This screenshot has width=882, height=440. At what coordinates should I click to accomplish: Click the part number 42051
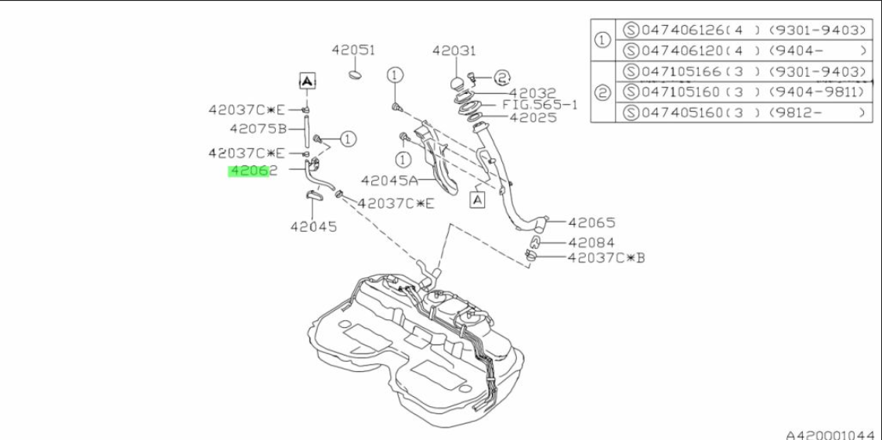[x=353, y=50]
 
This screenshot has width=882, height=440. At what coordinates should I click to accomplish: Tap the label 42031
[x=454, y=51]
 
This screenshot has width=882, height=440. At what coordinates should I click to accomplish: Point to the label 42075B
[x=258, y=128]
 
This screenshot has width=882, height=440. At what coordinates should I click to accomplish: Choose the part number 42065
[x=591, y=222]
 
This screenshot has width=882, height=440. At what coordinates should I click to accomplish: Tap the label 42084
[x=591, y=243]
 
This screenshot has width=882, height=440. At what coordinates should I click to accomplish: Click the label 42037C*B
[x=605, y=258]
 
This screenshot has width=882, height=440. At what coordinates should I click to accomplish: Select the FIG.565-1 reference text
[x=540, y=105]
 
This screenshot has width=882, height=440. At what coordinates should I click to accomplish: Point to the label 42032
[x=532, y=92]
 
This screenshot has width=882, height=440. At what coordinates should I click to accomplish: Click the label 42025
[x=533, y=117]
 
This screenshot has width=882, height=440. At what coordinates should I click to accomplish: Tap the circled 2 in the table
[x=603, y=92]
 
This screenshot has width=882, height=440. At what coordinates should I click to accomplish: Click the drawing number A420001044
[x=833, y=435]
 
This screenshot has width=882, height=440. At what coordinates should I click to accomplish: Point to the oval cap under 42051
[x=356, y=74]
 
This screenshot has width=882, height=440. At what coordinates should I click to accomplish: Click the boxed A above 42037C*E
[x=306, y=81]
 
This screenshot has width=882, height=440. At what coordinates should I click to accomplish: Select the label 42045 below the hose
[x=313, y=226]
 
